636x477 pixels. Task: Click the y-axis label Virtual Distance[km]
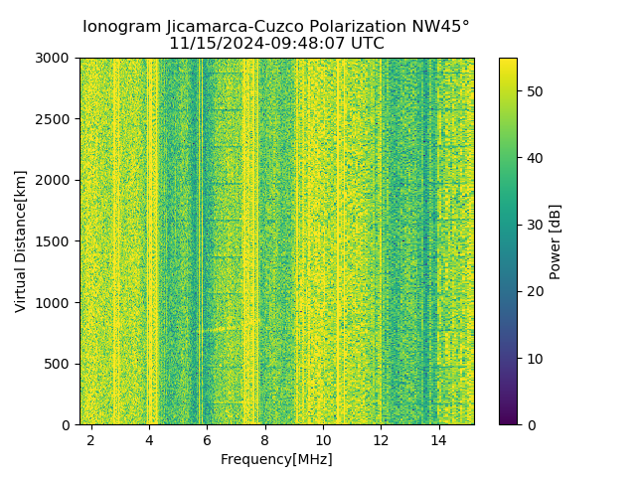tap(21, 240)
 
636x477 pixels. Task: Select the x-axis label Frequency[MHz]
tap(276, 459)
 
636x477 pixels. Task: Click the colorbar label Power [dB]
tap(556, 240)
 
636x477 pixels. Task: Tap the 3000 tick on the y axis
tap(56, 58)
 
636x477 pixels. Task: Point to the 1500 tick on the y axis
tap(56, 241)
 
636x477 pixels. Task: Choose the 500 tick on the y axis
tap(60, 364)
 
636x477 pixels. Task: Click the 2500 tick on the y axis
tap(56, 119)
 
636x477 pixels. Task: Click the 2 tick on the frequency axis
tap(91, 439)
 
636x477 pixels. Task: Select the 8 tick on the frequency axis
tap(265, 439)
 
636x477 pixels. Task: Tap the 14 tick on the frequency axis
tap(438, 439)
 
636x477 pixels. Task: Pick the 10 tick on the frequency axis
tap(323, 439)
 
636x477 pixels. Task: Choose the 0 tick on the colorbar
tap(529, 424)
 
